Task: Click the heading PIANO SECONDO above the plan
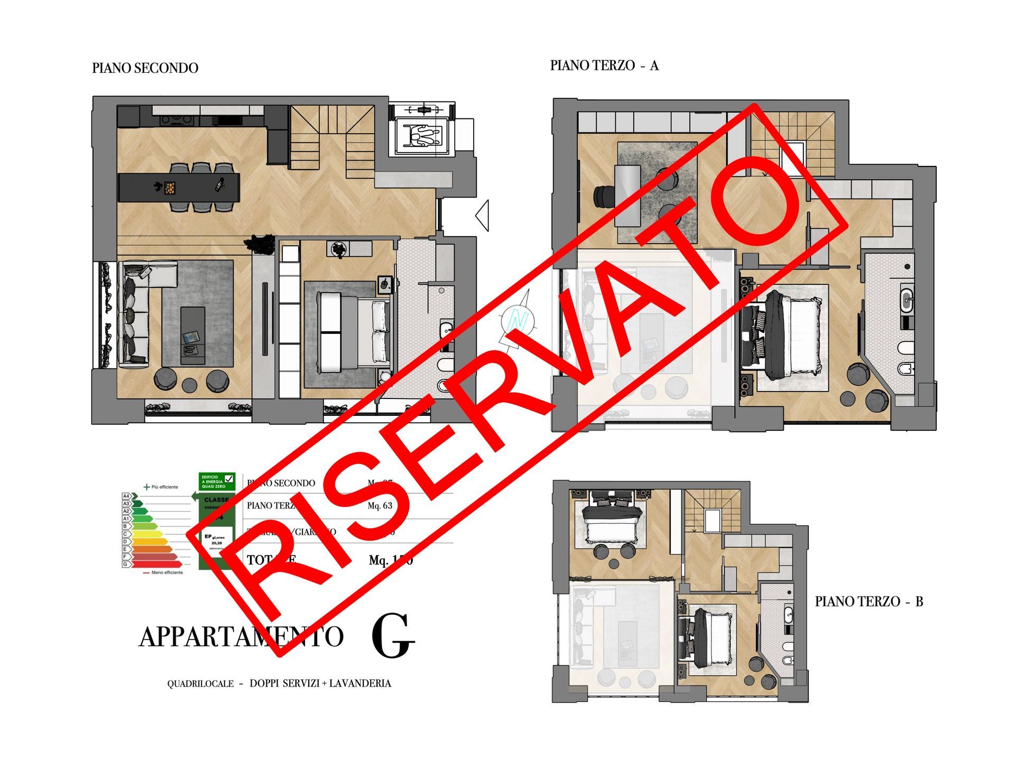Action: (x=145, y=68)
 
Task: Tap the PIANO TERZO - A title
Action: (x=604, y=66)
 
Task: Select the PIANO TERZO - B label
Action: (x=869, y=601)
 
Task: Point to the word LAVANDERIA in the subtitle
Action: (x=360, y=683)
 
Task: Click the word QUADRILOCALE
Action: (x=200, y=684)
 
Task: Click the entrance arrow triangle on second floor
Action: (x=482, y=215)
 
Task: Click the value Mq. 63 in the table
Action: (x=380, y=506)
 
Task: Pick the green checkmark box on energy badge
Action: (x=229, y=479)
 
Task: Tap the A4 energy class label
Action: (x=126, y=496)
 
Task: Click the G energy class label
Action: (x=126, y=564)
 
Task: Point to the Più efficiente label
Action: (x=164, y=487)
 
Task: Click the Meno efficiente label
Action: (x=167, y=572)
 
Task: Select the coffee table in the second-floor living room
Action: (x=192, y=336)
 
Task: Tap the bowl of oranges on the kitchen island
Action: (x=170, y=188)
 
